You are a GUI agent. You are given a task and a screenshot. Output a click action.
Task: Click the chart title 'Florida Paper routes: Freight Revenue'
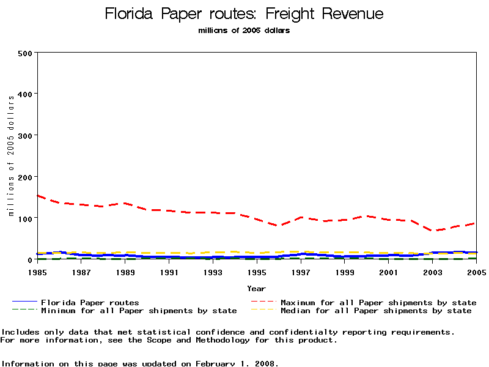[244, 13]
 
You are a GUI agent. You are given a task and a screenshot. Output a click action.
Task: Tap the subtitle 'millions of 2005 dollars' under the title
[244, 31]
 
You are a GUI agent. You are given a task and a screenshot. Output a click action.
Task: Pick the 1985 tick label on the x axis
[38, 272]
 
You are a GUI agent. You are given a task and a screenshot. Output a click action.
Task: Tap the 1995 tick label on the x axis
[257, 272]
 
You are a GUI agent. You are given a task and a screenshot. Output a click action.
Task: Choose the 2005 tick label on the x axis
[476, 272]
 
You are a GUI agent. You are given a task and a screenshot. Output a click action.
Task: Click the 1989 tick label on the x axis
[125, 272]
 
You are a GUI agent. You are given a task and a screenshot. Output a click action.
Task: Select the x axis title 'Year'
[256, 288]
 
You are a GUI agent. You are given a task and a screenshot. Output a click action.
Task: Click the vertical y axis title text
[11, 156]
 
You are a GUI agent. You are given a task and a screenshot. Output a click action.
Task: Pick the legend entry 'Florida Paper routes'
[90, 302]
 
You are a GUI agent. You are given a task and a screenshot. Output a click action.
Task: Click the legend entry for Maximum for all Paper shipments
[378, 302]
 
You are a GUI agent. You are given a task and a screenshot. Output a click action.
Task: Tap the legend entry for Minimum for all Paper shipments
[139, 311]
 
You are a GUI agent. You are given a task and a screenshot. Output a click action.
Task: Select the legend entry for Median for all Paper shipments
[376, 311]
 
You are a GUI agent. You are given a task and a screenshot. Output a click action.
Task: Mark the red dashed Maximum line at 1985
[38, 196]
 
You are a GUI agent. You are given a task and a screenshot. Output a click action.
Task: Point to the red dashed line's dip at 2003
[433, 231]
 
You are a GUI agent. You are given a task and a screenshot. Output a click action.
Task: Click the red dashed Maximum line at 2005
[475, 223]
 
